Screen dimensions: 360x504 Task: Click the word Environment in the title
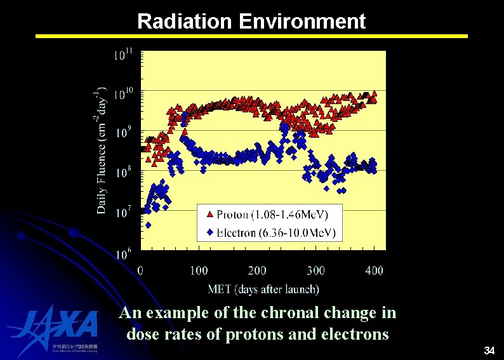302,22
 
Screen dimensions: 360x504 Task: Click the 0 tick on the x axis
140,270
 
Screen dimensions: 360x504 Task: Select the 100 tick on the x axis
199,270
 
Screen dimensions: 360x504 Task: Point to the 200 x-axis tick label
257,270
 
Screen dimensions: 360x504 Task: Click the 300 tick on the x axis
315,270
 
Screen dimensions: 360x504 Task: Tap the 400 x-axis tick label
374,270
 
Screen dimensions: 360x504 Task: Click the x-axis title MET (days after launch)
263,290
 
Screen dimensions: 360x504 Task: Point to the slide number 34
489,350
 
